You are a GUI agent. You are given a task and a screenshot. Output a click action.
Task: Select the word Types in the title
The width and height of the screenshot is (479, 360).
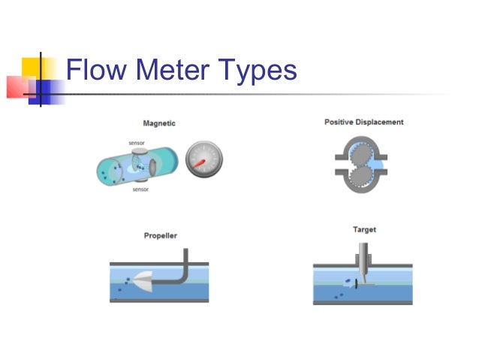point(258,71)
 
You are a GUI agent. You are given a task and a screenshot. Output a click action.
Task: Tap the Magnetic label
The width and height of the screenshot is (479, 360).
point(158,123)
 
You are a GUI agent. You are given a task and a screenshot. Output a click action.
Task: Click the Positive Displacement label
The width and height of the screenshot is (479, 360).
point(363,122)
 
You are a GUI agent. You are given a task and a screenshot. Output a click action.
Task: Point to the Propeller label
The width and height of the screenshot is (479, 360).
point(161,236)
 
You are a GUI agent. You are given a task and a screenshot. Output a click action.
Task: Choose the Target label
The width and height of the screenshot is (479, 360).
point(364,229)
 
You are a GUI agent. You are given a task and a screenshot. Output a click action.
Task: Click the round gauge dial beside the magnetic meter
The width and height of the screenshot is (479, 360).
point(203,159)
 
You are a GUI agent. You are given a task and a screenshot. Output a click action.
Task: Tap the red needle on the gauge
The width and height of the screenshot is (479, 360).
point(200,161)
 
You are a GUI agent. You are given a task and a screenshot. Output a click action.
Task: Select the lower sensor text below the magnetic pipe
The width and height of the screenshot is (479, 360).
point(140,189)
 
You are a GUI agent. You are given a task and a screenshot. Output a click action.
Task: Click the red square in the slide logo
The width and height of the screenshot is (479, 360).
point(20,86)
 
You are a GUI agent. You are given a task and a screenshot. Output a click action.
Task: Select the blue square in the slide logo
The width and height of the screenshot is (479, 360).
point(48,90)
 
